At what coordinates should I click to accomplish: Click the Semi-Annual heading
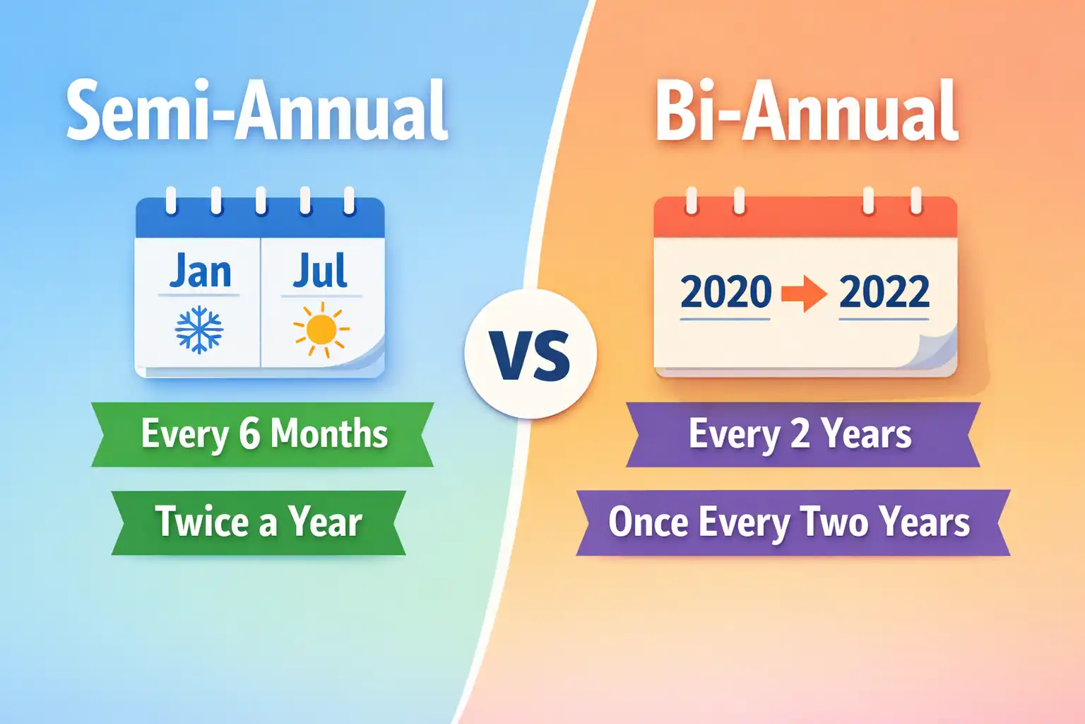click(x=257, y=112)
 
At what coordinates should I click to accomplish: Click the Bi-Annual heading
click(x=807, y=112)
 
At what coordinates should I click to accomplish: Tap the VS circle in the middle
click(x=530, y=354)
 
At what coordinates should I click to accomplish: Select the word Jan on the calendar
click(x=200, y=271)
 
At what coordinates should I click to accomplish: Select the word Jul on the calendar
click(x=321, y=271)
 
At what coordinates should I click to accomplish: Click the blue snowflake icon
click(x=199, y=329)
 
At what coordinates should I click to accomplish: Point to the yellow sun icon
click(x=321, y=329)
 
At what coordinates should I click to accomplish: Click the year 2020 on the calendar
click(x=725, y=292)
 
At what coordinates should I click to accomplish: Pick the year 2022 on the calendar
click(x=884, y=292)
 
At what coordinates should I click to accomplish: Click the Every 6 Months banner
click(x=263, y=434)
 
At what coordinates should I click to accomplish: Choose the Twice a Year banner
click(x=259, y=522)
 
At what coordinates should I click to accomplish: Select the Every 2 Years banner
click(x=802, y=434)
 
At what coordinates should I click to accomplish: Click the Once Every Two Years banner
click(x=791, y=522)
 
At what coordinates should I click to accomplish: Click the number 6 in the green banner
click(x=249, y=434)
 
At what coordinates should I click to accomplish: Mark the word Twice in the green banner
click(x=202, y=522)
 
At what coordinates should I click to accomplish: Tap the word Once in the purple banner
click(x=648, y=522)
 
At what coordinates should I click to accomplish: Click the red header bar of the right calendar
click(x=805, y=221)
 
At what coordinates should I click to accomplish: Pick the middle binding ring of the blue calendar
click(x=261, y=200)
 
